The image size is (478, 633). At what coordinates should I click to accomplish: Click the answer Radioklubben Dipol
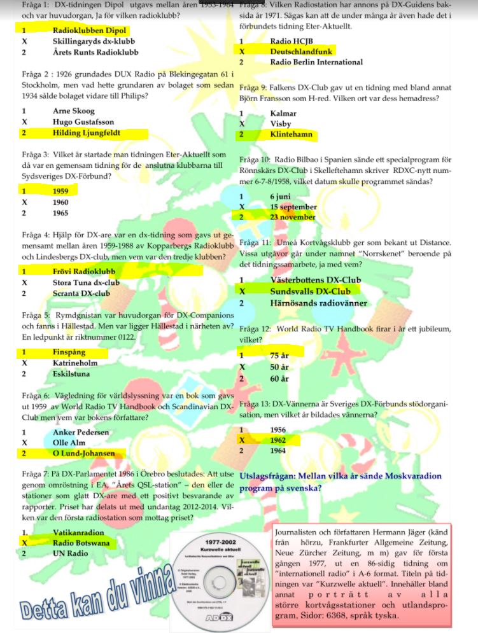click(89, 31)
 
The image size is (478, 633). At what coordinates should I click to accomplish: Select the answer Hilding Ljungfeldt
click(87, 133)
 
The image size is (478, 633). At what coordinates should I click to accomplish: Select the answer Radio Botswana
click(81, 543)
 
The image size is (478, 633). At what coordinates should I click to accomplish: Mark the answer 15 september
click(293, 207)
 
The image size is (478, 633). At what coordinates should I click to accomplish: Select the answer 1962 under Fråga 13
click(278, 440)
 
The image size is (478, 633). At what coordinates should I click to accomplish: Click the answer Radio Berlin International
click(316, 62)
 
